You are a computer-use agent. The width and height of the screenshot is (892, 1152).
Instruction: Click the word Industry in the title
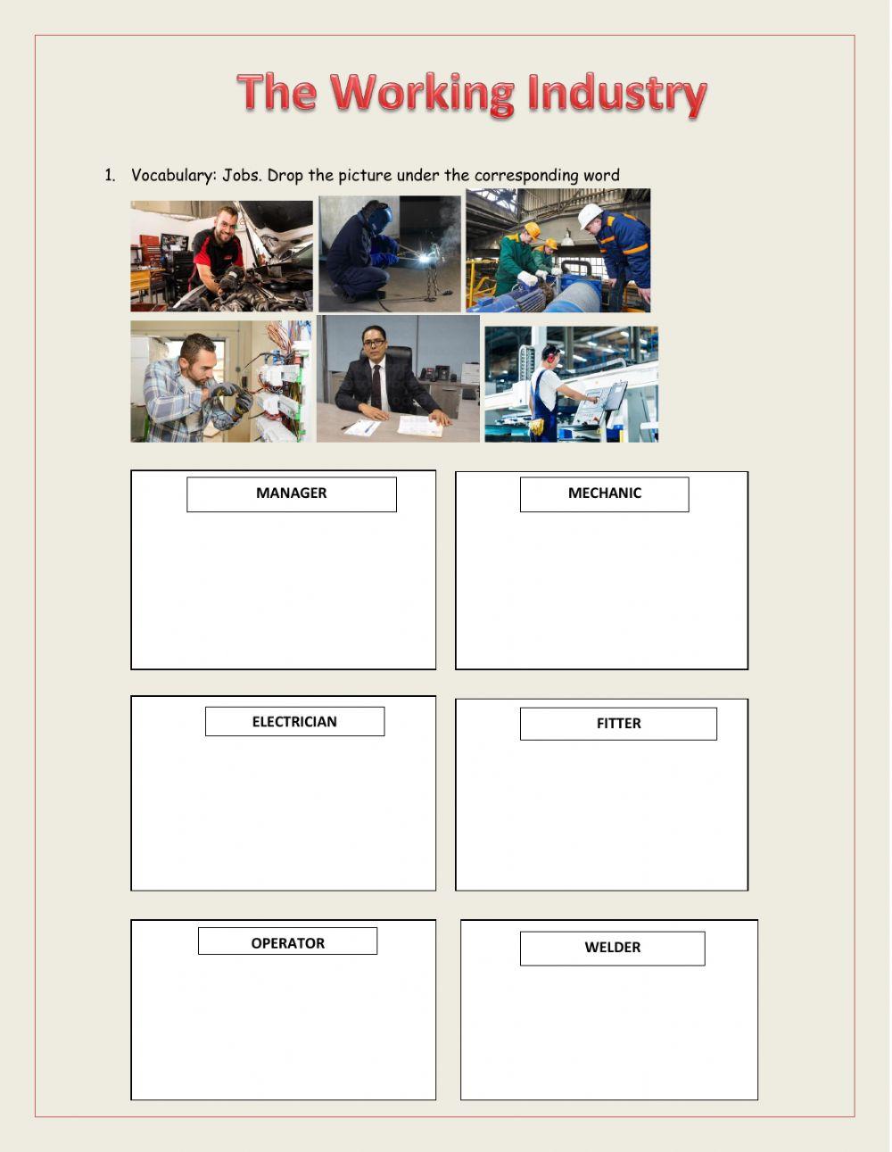[x=616, y=94]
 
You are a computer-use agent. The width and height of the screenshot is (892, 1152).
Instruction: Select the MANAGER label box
[x=291, y=493]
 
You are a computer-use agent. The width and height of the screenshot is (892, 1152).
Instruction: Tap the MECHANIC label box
[x=604, y=493]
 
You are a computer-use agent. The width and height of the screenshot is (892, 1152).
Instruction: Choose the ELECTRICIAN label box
[x=294, y=722]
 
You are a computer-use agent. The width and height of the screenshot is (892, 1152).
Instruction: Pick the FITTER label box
[x=618, y=724]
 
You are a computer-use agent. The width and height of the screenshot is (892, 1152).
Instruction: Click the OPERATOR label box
[x=287, y=942]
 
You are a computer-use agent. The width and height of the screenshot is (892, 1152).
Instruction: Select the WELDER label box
[x=612, y=948]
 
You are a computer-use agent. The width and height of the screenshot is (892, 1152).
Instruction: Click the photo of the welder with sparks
[x=390, y=253]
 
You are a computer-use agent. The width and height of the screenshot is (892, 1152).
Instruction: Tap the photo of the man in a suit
[x=398, y=378]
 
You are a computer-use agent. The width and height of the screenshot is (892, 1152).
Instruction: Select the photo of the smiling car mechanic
[x=221, y=256]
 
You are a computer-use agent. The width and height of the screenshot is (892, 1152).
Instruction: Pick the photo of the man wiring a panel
[x=221, y=381]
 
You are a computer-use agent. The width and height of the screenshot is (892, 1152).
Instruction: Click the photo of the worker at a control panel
[x=571, y=384]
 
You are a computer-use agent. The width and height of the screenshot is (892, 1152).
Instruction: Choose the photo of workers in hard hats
[x=558, y=251]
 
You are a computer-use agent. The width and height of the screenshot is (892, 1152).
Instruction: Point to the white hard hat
[x=590, y=215]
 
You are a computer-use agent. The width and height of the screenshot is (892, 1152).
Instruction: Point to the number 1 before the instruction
[x=110, y=175]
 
